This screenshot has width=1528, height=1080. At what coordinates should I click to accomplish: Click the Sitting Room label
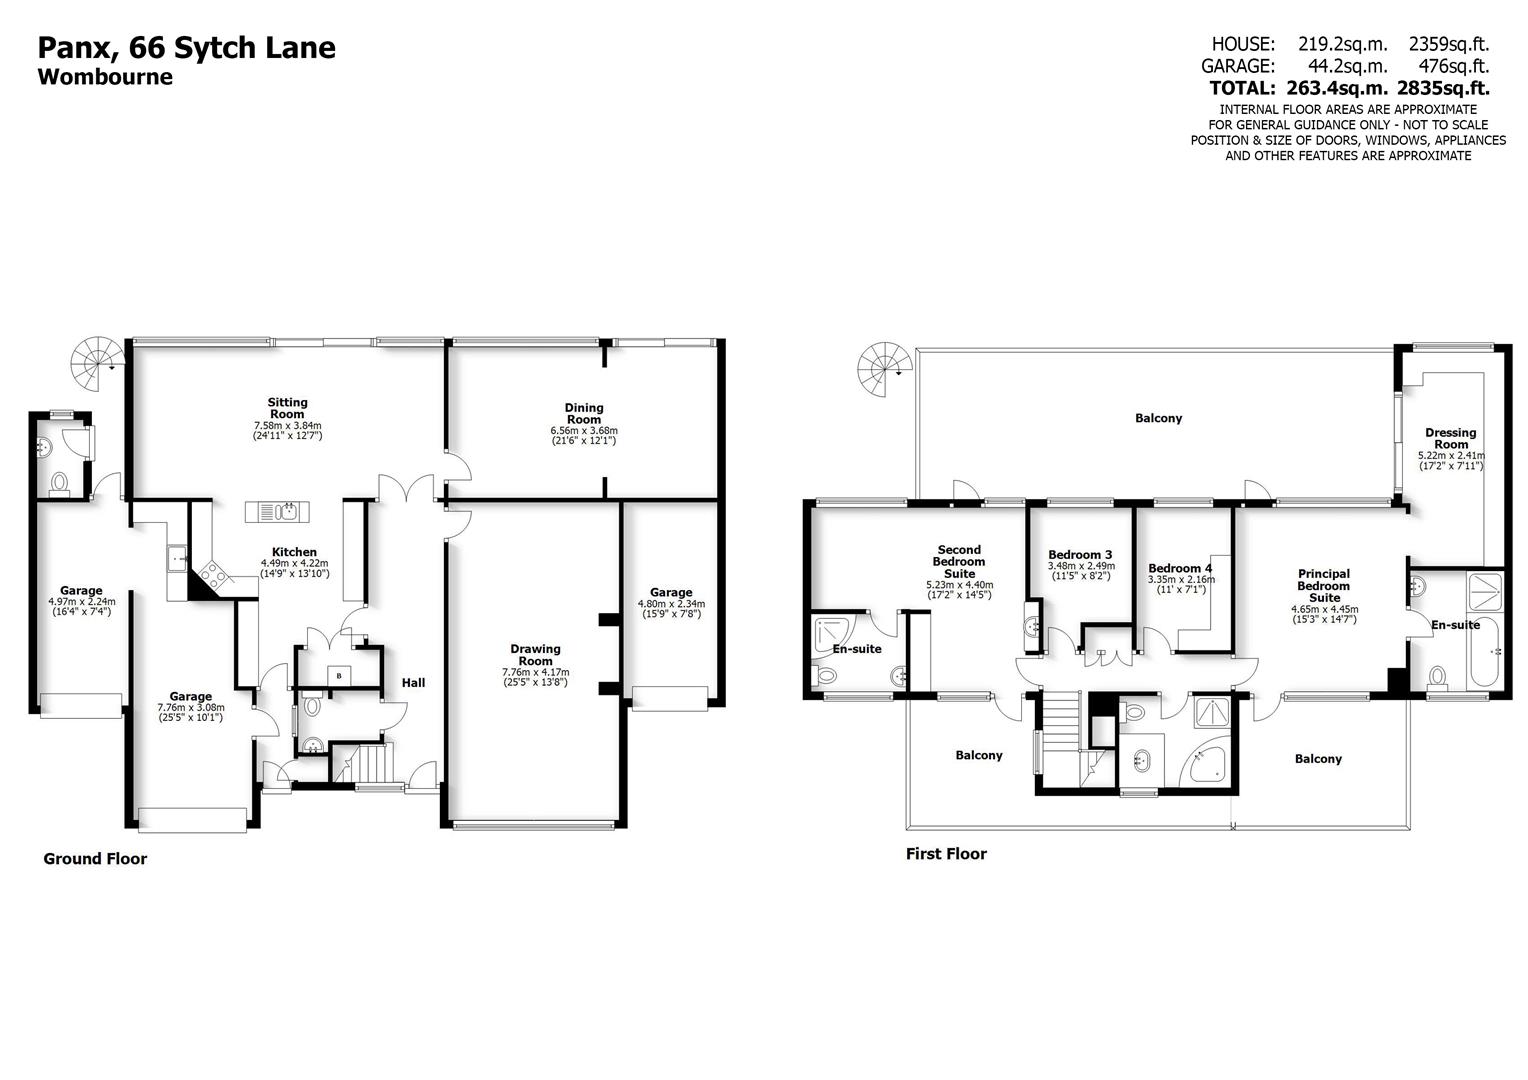[x=287, y=408]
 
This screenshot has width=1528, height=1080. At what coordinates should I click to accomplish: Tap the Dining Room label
[x=584, y=413]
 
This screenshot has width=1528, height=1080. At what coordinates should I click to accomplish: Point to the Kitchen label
[x=294, y=552]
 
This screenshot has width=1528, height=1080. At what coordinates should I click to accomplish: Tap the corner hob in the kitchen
[x=214, y=574]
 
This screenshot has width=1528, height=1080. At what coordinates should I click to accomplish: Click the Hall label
[x=413, y=683]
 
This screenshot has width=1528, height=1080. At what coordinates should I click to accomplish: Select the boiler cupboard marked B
[x=339, y=675]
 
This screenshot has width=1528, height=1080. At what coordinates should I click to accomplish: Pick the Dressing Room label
[x=1450, y=439]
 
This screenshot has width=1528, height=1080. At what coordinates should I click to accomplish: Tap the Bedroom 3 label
[x=1080, y=555]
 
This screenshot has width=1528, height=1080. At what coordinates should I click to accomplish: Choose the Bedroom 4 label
[x=1180, y=568]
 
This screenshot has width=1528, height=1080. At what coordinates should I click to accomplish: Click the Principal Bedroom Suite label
[x=1324, y=586]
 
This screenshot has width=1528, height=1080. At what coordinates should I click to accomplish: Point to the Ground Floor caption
[x=95, y=859]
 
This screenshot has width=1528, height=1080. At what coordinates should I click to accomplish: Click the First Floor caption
[x=946, y=854]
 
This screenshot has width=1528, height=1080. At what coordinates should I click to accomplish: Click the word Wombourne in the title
[x=105, y=77]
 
